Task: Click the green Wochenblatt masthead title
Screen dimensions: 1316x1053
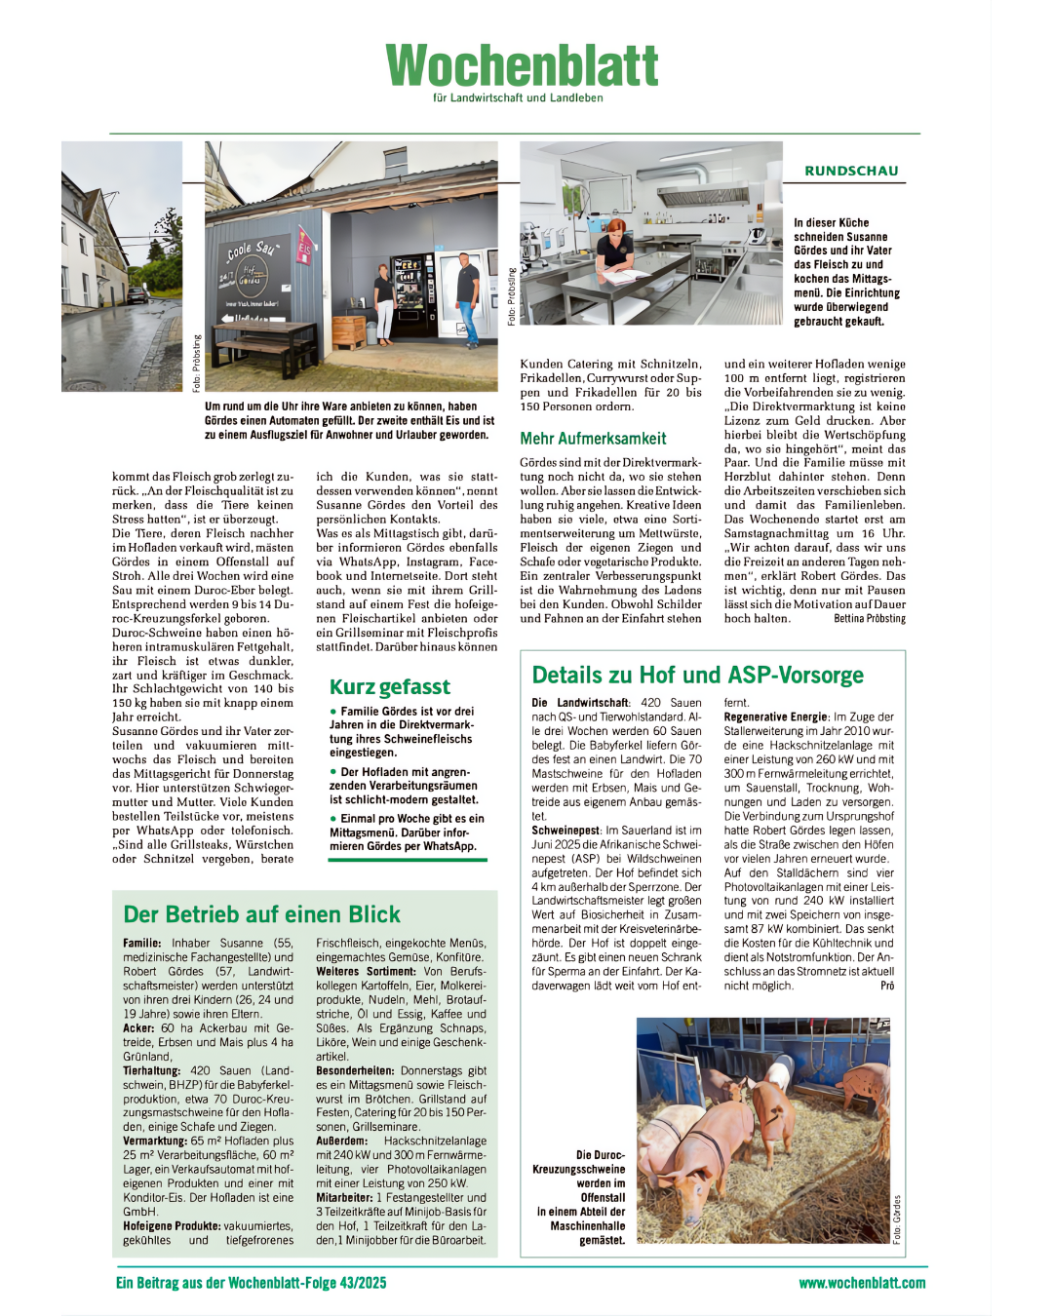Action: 523,65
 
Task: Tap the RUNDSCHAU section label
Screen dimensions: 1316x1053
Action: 851,171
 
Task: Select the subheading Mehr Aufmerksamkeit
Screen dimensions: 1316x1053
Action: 593,439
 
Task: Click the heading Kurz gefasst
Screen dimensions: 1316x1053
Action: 390,687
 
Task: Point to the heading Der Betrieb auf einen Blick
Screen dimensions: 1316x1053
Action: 261,914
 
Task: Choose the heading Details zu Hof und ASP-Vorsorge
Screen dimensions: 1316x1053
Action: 697,675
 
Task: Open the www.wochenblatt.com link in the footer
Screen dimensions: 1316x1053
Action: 862,1283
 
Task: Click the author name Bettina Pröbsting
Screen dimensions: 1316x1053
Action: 870,618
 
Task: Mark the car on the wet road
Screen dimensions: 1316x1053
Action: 136,293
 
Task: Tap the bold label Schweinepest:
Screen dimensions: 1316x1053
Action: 565,831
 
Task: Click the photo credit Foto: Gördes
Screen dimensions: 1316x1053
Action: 897,1219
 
